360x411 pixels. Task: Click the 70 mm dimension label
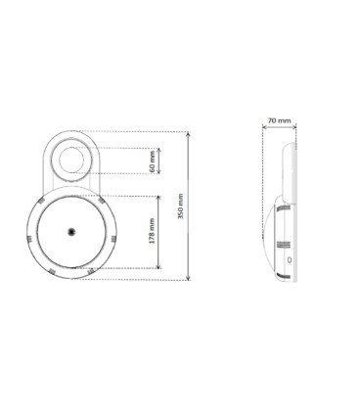coord(279,120)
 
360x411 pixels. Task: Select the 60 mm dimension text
coord(152,161)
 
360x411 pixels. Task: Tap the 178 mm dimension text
coord(152,231)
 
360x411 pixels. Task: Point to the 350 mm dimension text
coord(181,206)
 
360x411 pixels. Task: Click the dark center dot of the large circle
coord(71,232)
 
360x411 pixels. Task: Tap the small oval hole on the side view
coord(290,260)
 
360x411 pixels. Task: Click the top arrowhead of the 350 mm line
coord(188,134)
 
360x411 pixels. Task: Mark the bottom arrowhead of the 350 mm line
coord(188,278)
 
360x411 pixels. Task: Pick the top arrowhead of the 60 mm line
coord(159,150)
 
